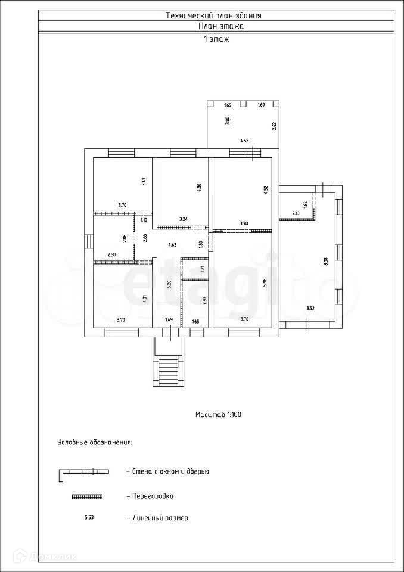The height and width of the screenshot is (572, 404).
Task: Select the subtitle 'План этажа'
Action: tap(221, 26)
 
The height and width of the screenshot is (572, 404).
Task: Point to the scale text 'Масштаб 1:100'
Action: tap(218, 414)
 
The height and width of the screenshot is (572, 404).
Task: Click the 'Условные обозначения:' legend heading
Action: tap(94, 443)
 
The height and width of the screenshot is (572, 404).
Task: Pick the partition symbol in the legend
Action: tap(86, 496)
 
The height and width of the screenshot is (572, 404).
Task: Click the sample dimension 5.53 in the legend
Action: tap(89, 518)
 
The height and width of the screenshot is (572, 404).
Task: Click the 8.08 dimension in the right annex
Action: tap(325, 260)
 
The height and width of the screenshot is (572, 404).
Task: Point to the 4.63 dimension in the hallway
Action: tap(172, 244)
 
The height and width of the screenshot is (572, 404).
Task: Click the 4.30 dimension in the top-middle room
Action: tap(199, 186)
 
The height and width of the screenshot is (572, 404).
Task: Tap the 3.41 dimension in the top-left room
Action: tap(144, 182)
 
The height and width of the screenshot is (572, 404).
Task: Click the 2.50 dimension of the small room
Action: tap(111, 255)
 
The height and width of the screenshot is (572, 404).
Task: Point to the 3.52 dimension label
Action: tap(310, 308)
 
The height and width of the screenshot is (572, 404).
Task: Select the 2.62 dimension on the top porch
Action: tap(274, 125)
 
